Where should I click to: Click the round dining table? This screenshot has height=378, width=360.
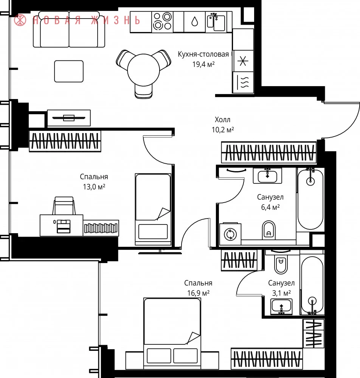tap(143, 70)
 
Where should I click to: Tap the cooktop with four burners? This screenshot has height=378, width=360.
tap(162, 22)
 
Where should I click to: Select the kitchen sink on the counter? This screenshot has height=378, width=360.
tap(216, 22)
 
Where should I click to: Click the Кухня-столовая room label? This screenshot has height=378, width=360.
tap(203, 54)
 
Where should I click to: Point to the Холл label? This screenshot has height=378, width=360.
tap(223, 119)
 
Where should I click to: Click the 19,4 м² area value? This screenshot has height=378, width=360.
tap(203, 64)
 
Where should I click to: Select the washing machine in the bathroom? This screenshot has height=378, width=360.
tap(230, 234)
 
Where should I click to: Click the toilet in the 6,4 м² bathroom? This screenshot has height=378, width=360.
tap(268, 230)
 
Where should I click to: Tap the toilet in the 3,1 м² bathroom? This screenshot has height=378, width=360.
tap(281, 263)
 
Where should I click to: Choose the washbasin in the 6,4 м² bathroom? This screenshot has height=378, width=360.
tap(267, 175)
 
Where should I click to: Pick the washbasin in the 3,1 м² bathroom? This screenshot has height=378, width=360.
tap(281, 307)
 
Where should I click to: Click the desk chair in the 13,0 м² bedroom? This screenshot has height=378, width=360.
tap(64, 206)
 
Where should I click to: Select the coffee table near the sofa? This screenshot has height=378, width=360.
tap(69, 71)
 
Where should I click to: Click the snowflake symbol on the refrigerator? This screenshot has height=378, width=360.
tap(243, 61)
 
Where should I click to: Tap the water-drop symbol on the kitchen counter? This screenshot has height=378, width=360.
tap(195, 22)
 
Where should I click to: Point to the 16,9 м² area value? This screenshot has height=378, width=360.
tap(199, 293)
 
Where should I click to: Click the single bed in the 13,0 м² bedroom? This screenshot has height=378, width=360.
tap(153, 209)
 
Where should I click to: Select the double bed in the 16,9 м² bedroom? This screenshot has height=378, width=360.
tap(172, 333)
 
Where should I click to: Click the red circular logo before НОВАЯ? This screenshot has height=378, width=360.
tap(20, 20)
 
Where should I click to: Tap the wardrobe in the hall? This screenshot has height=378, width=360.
tap(269, 152)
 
